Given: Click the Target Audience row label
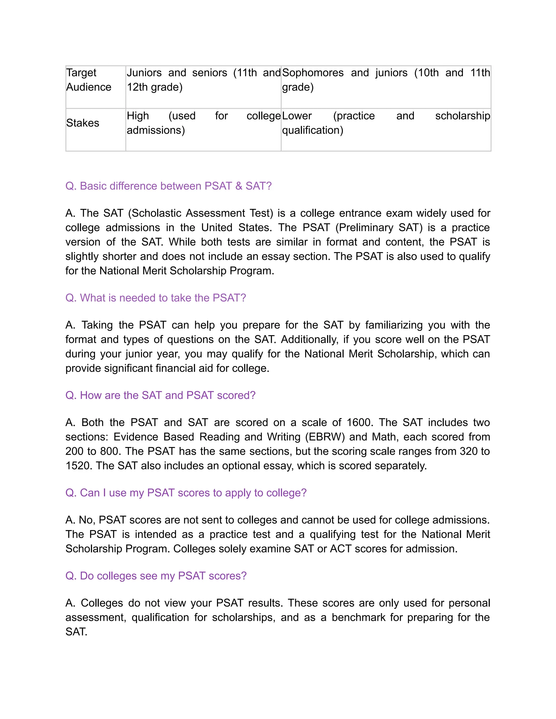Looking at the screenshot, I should coord(88,80).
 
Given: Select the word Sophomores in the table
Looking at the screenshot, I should coord(312,72).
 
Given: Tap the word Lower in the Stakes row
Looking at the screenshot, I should coord(297,116).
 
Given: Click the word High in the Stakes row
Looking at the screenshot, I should coord(138,116).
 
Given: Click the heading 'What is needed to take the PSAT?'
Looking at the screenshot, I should coord(156,298).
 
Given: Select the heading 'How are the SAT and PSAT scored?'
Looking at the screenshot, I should coord(160,395).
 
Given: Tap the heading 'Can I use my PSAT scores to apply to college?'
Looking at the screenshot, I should coord(186,492).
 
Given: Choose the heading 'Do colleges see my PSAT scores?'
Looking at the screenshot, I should coord(156,575).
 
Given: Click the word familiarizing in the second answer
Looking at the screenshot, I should coord(394,325).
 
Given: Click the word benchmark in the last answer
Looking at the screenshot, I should coord(358,617).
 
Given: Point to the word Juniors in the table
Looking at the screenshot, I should coord(144,72).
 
